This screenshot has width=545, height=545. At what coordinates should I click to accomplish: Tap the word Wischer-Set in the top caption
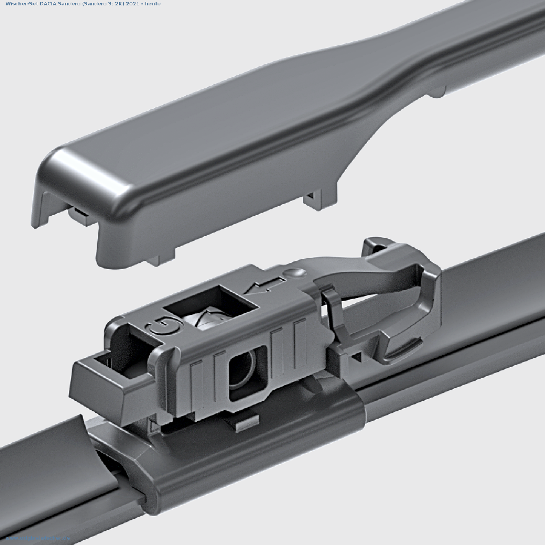(21, 4)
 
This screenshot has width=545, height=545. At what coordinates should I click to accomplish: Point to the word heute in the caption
(153, 4)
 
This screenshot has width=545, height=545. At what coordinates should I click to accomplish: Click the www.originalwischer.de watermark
(38, 538)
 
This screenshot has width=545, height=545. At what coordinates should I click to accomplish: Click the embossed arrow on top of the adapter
(264, 286)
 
